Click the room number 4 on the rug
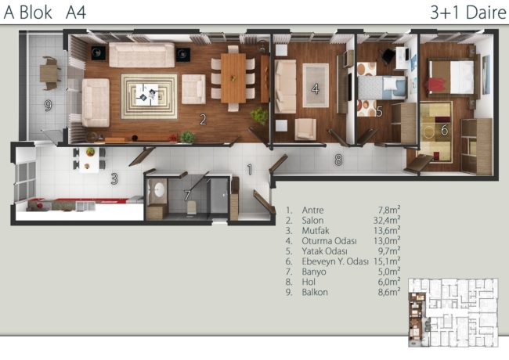pyautogui.click(x=316, y=89)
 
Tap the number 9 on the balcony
pyautogui.click(x=48, y=106)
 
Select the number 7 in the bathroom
pyautogui.click(x=187, y=196)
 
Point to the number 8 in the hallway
pyautogui.click(x=338, y=160)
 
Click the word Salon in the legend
pyautogui.click(x=312, y=221)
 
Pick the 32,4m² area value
pyautogui.click(x=387, y=220)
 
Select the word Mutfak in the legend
pyautogui.click(x=316, y=231)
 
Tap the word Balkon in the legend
pyautogui.click(x=315, y=292)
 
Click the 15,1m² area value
pyautogui.click(x=387, y=261)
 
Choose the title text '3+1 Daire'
pyautogui.click(x=468, y=13)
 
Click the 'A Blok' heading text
pyautogui.click(x=28, y=13)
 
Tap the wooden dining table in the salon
pyautogui.click(x=233, y=78)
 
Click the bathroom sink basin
pyautogui.click(x=159, y=190)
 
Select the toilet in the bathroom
pyautogui.click(x=192, y=207)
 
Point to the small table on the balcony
pyautogui.click(x=49, y=74)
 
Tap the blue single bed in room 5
pyautogui.click(x=382, y=88)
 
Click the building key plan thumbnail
pyautogui.click(x=453, y=312)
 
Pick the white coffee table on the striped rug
pyautogui.click(x=146, y=95)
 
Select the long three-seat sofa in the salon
pyautogui.click(x=142, y=55)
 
